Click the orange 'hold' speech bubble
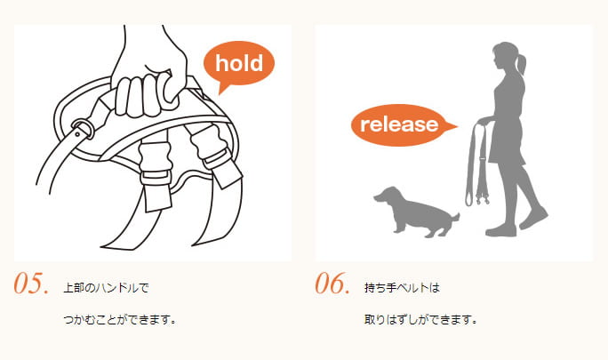[x=238, y=63]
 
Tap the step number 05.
[x=32, y=284]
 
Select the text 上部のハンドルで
[x=106, y=288]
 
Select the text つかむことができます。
[x=119, y=318]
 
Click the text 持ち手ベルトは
[x=403, y=288]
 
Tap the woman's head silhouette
[x=504, y=54]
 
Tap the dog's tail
[x=454, y=216]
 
